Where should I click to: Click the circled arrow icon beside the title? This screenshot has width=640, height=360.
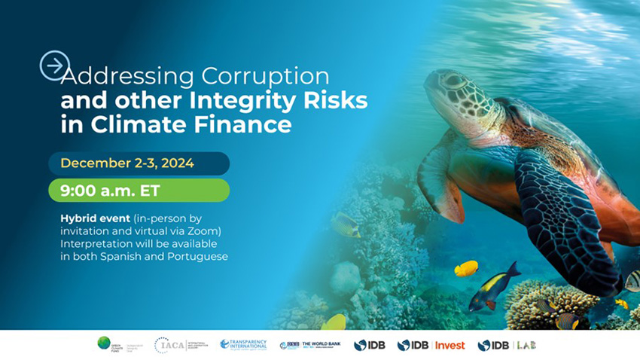point(54,66)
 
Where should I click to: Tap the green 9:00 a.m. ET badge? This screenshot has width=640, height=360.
point(139,191)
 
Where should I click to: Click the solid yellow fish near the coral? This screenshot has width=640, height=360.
point(466,268)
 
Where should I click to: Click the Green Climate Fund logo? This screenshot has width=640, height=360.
point(117,345)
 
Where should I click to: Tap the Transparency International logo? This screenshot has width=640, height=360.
point(243,345)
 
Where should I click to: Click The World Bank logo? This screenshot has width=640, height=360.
point(309,345)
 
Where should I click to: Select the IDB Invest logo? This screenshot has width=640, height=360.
point(431,345)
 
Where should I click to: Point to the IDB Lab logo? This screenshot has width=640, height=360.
point(507,345)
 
